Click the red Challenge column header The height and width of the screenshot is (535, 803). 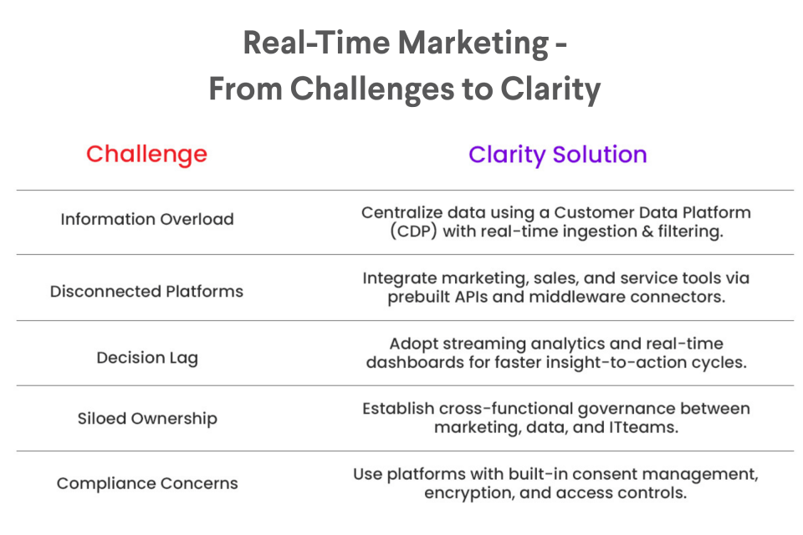[146, 154]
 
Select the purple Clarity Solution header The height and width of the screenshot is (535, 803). [558, 155]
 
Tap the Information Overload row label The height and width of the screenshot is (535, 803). [147, 219]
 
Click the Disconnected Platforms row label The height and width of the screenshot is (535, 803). [146, 291]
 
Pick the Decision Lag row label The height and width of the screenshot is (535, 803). [147, 358]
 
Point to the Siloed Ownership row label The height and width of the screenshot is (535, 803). [147, 419]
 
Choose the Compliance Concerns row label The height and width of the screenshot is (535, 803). [147, 483]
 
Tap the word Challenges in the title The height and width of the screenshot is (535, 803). [372, 89]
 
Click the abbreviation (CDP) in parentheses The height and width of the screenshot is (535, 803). [414, 232]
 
